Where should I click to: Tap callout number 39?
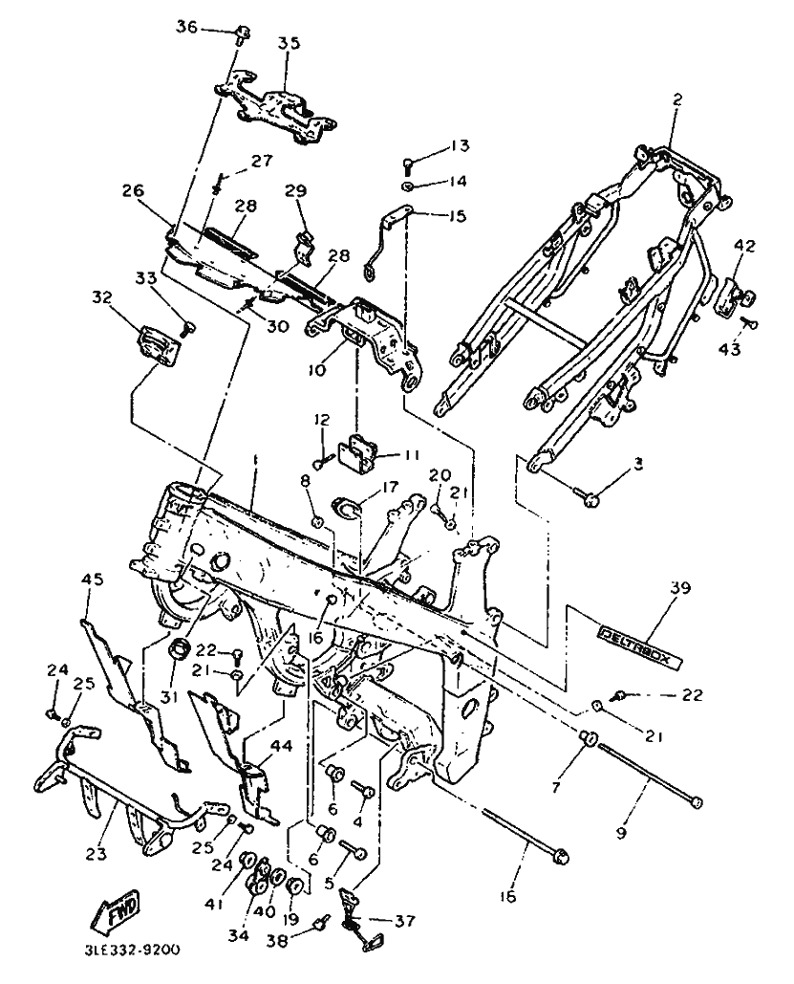tap(680, 588)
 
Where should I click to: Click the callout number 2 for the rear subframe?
tap(677, 99)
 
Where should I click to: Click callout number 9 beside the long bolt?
tap(621, 834)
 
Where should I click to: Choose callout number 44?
tap(282, 746)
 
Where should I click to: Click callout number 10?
tap(316, 370)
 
